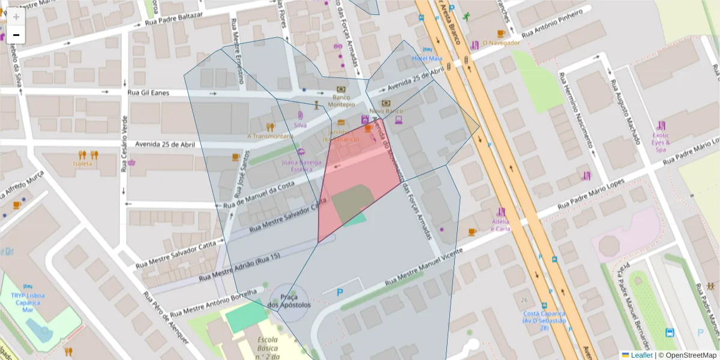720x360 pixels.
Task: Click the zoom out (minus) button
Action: [16, 35]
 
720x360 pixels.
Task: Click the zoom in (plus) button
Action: [16, 17]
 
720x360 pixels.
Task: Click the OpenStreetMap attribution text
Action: [687, 355]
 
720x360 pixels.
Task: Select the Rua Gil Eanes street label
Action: [148, 93]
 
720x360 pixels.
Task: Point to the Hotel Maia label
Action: [427, 58]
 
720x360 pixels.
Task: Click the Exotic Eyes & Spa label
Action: [661, 143]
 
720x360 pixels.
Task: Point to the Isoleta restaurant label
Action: [83, 163]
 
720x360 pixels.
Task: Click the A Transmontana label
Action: [270, 136]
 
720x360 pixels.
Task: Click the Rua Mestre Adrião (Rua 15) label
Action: [239, 267]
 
